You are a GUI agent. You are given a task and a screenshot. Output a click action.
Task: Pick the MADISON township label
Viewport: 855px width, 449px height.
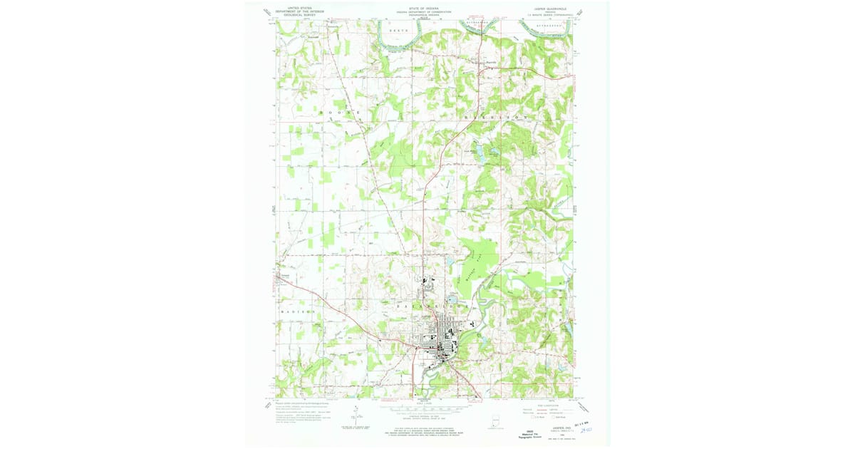point(297,312)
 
